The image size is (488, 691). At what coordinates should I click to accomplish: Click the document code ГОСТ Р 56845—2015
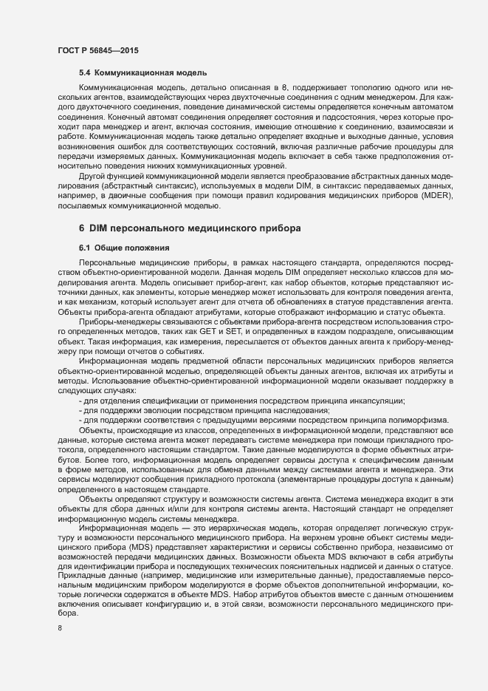97,50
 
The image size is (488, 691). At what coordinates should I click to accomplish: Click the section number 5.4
86,73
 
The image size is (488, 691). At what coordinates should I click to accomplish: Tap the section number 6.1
86,247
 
